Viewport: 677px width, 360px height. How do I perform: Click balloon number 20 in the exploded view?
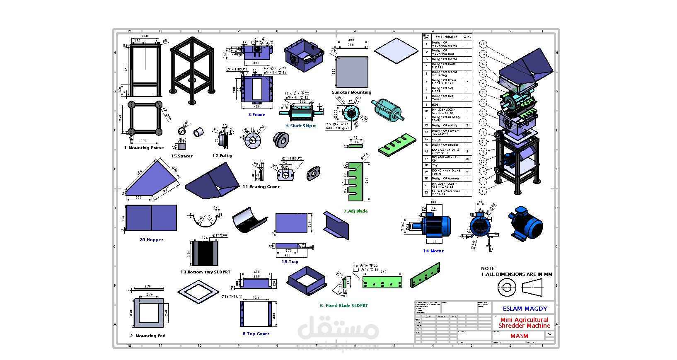click(483, 44)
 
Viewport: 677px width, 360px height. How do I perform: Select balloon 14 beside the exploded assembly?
click(483, 171)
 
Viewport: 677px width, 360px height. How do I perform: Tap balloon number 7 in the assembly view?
click(483, 93)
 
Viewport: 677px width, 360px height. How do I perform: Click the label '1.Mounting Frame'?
click(144, 148)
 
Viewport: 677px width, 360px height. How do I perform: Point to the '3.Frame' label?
click(257, 115)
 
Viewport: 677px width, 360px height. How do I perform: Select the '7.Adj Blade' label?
click(355, 211)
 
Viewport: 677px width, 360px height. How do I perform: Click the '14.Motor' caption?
click(433, 251)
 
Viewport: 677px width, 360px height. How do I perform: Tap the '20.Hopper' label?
click(152, 240)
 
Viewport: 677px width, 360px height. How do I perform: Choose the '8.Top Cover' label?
click(256, 334)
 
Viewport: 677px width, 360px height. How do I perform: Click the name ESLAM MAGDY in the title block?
click(525, 309)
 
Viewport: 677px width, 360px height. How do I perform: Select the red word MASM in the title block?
click(519, 336)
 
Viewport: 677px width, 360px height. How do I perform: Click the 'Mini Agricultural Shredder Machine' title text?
click(524, 323)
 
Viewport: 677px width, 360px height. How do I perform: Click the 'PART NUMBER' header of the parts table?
click(447, 37)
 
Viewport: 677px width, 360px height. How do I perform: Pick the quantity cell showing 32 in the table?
click(467, 159)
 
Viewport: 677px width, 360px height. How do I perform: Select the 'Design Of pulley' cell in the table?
click(445, 125)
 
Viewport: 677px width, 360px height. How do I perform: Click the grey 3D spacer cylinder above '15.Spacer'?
click(198, 132)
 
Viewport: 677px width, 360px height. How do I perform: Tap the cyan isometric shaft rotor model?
click(387, 110)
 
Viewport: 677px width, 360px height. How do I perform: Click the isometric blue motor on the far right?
click(525, 224)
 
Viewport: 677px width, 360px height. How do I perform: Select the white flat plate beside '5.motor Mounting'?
click(396, 51)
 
